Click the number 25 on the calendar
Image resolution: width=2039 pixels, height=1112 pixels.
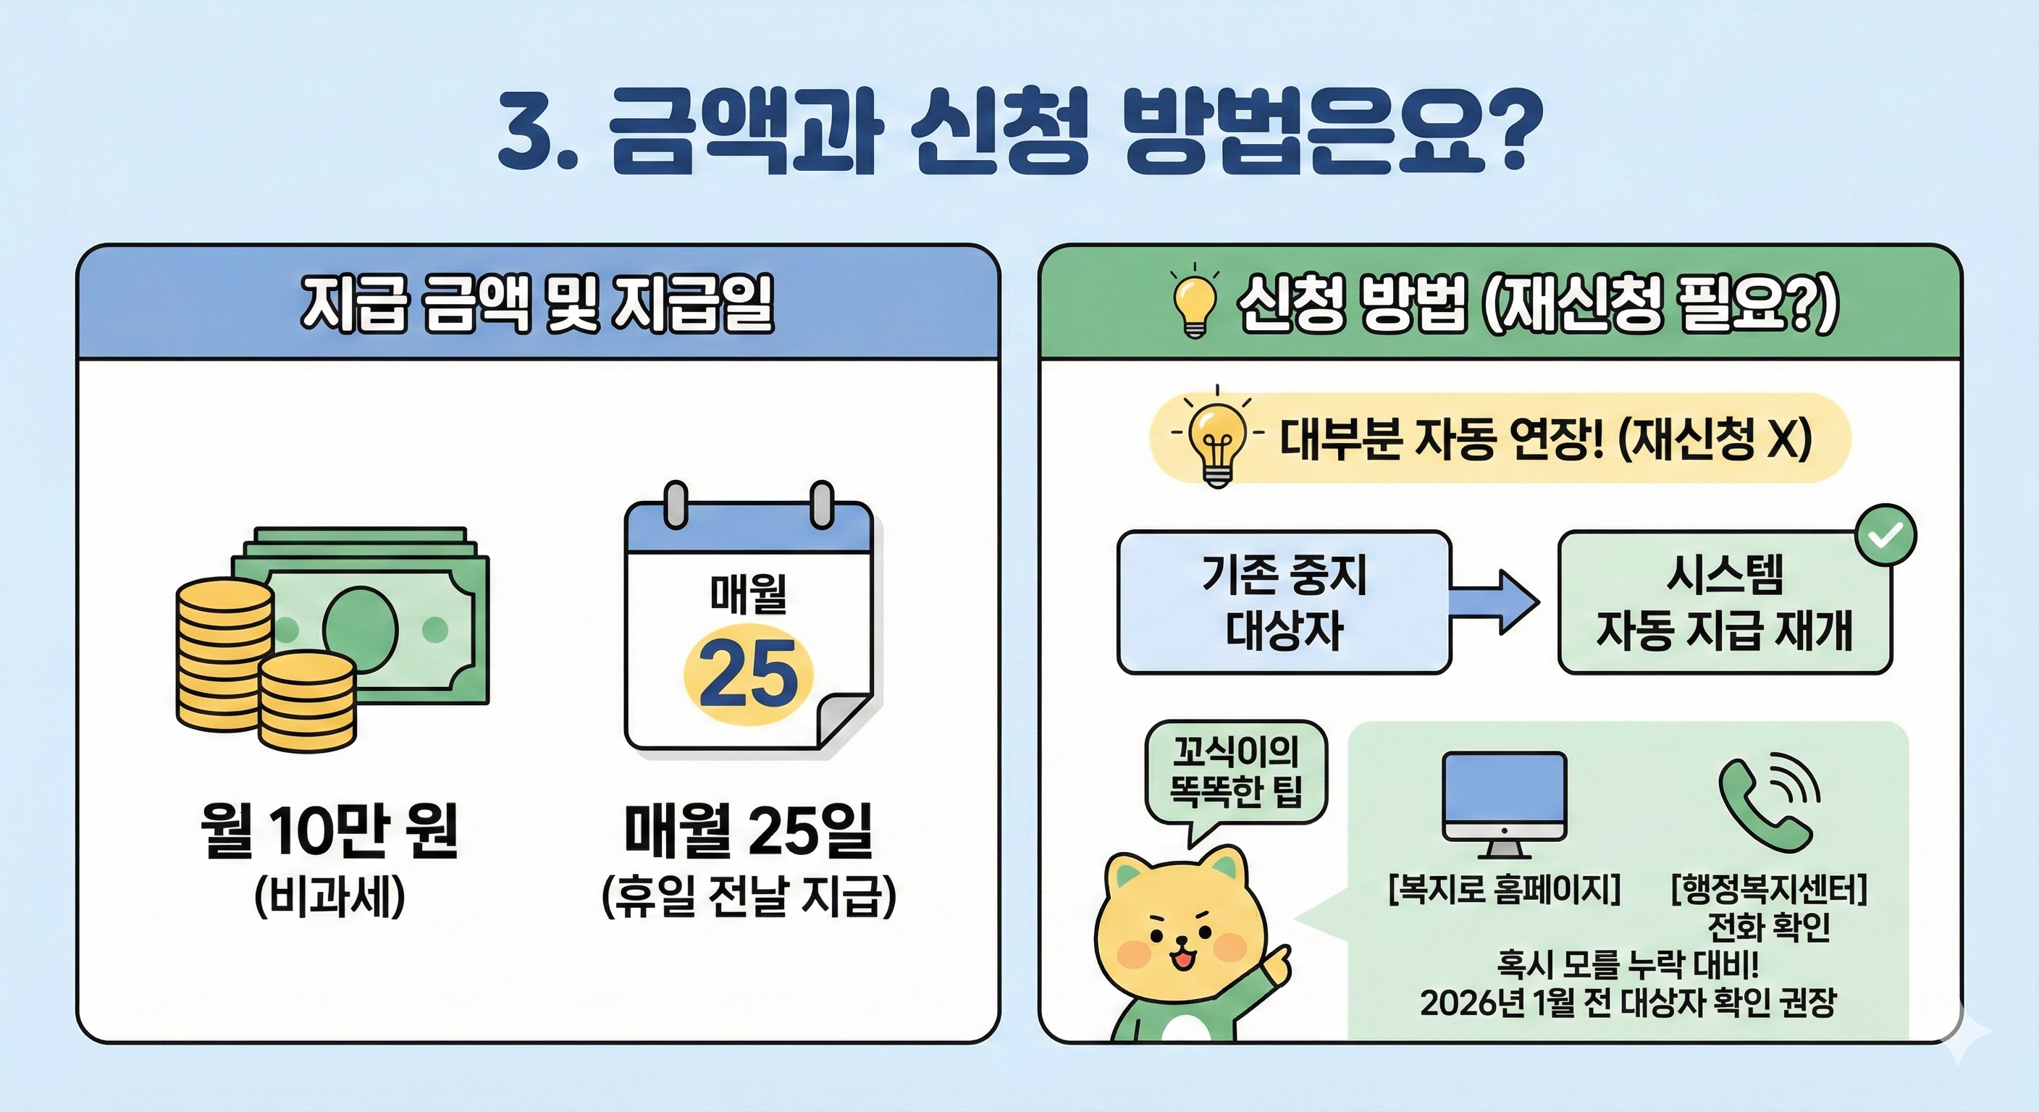point(748,673)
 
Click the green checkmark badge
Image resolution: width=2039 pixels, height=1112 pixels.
point(1885,536)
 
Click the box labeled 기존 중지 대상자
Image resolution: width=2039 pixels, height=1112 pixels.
point(1283,602)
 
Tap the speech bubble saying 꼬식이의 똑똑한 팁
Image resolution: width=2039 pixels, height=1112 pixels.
point(1235,772)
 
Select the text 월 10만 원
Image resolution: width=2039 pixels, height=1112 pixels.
point(329,832)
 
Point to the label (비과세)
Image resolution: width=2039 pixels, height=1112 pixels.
point(329,898)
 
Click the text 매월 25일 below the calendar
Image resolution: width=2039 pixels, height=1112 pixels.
point(748,832)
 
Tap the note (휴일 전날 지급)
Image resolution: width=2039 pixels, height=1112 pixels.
point(748,898)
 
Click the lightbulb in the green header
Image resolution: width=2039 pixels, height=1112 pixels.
point(1193,306)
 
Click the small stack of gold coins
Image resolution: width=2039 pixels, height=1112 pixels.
point(307,701)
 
